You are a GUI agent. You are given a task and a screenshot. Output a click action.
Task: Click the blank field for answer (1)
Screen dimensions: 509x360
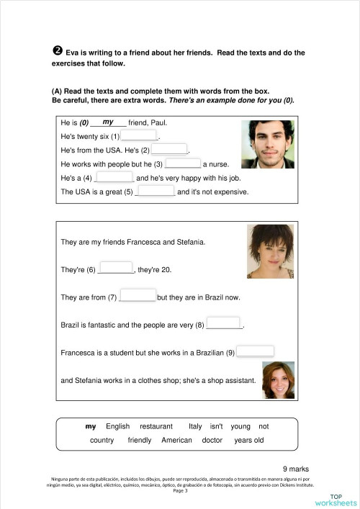[139, 135]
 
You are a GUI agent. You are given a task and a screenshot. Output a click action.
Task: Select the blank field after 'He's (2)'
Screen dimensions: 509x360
[169, 149]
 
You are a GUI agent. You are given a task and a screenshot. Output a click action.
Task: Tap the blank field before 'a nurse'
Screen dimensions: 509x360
[183, 163]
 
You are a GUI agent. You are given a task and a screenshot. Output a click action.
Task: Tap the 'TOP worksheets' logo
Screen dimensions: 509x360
[343, 499]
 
